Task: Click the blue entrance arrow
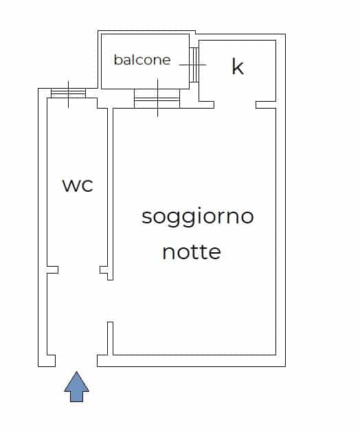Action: point(76,386)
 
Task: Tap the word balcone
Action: point(142,60)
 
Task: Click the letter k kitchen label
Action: point(238,66)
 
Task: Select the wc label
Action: point(78,185)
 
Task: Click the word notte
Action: point(192,252)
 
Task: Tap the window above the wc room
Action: point(68,93)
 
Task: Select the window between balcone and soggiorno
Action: point(157,98)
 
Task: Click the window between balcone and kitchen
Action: point(194,65)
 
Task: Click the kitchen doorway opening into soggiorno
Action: point(235,104)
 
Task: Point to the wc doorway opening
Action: point(79,270)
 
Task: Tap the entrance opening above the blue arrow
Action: point(76,361)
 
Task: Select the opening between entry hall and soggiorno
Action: point(110,301)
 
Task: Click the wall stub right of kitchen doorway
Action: point(266,104)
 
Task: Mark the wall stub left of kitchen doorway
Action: point(206,104)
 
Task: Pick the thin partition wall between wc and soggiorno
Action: point(110,194)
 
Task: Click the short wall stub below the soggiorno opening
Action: point(110,338)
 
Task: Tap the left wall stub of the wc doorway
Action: point(52,270)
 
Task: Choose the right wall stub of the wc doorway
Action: point(104,270)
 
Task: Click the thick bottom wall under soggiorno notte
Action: point(191,361)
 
